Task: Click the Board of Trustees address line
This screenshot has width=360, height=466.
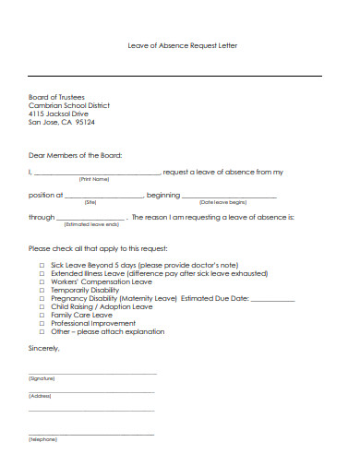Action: (x=56, y=97)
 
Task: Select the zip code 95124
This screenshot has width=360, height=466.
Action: (x=84, y=121)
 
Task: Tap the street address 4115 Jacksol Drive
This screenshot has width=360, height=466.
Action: (x=63, y=113)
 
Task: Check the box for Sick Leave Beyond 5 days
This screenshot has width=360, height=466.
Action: (x=42, y=265)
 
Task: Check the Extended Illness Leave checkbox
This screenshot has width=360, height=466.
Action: (x=42, y=273)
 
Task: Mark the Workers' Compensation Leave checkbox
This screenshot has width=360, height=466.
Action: (x=42, y=281)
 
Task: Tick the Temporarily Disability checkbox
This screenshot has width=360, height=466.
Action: (x=42, y=290)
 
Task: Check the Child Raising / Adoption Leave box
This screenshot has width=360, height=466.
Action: (x=42, y=306)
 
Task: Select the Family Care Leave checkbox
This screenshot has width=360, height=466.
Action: (x=42, y=315)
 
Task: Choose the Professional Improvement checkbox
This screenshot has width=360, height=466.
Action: (x=42, y=323)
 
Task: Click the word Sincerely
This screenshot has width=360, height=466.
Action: (x=44, y=348)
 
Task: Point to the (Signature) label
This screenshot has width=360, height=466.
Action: (x=42, y=378)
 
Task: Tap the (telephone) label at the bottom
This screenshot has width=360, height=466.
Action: (x=42, y=439)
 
